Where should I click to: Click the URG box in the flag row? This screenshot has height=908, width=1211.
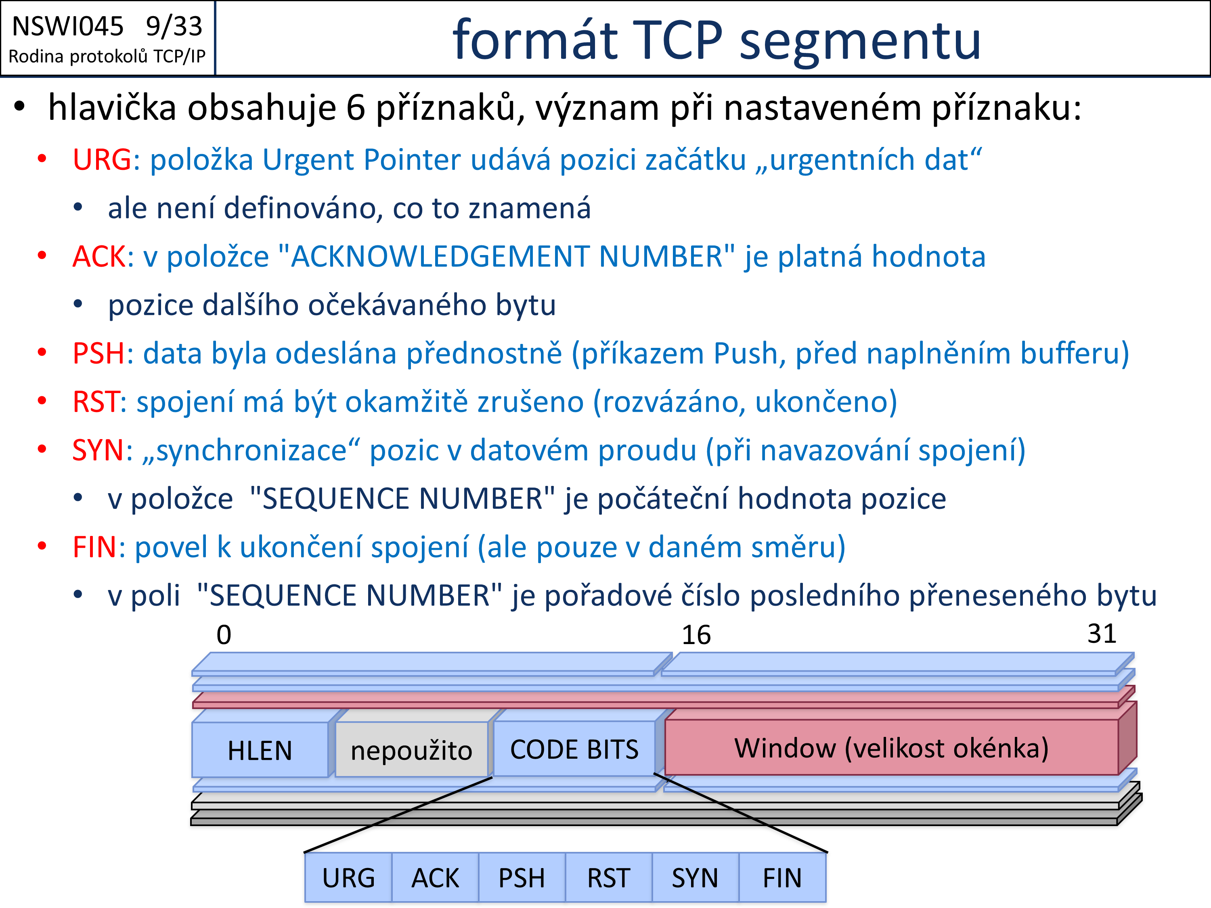348,877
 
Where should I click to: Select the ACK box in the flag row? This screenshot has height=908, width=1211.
435,877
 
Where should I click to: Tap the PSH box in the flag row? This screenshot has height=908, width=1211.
522,877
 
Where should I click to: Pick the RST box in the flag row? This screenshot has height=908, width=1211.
609,877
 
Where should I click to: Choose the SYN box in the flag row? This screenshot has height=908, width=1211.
695,877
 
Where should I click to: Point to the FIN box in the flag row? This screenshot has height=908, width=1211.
782,877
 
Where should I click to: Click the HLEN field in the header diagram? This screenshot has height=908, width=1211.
260,750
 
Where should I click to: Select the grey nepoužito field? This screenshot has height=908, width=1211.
411,750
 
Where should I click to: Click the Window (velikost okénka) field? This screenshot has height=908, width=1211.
891,748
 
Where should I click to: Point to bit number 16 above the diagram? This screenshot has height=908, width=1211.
696,635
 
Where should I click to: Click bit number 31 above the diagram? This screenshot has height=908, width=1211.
1102,634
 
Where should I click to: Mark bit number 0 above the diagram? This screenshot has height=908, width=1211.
224,635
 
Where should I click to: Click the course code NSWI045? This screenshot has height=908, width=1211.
68,26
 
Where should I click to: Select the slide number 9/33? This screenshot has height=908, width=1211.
174,26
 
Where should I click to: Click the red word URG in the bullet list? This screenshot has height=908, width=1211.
102,160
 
